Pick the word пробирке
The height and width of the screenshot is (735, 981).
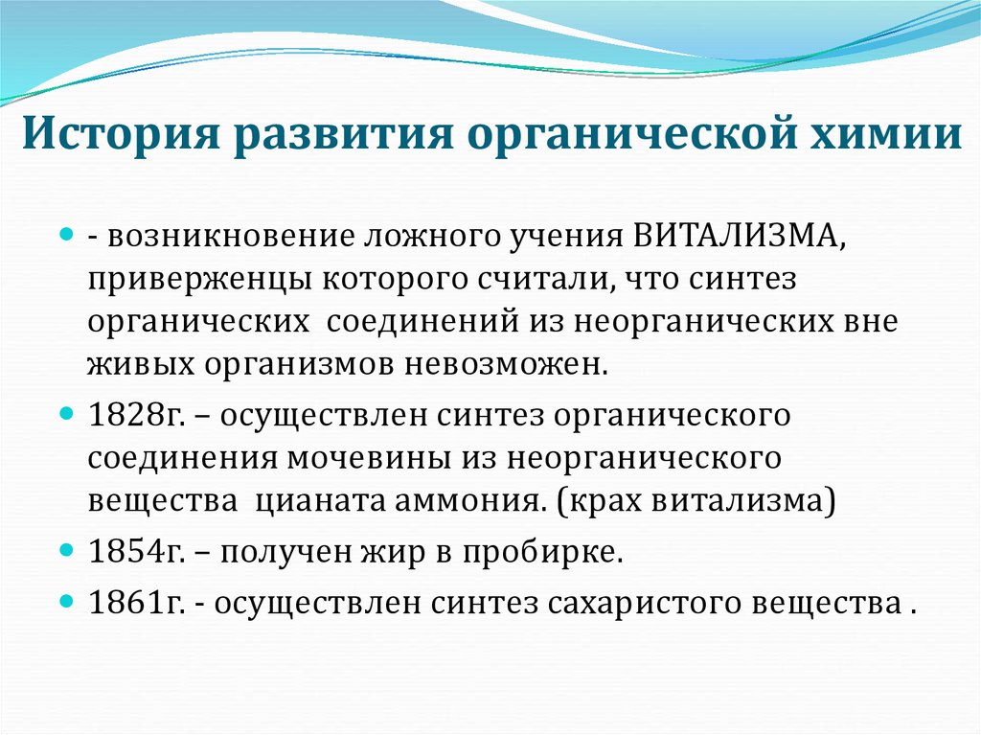(x=556, y=553)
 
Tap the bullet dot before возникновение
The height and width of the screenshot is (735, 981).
(x=67, y=235)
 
